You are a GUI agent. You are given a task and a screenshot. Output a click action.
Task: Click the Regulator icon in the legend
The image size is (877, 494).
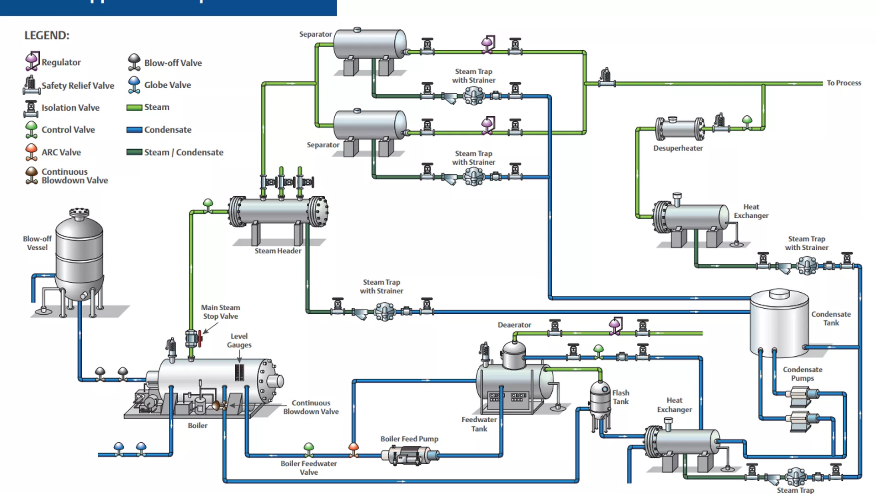[x=32, y=61]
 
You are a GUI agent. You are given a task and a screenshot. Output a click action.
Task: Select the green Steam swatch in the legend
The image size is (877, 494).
[x=134, y=107]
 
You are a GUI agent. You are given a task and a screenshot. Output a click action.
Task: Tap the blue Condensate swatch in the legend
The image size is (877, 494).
[x=134, y=130]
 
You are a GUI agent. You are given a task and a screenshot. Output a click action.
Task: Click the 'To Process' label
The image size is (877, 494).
[x=844, y=83]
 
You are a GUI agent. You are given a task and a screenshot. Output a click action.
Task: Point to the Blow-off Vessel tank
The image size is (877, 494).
[x=79, y=256]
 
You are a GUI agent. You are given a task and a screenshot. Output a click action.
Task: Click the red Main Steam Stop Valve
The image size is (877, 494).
[x=200, y=339]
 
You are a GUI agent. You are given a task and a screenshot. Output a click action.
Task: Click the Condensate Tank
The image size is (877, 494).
[x=779, y=322]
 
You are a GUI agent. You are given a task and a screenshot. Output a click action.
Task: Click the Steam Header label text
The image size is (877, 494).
[x=278, y=251]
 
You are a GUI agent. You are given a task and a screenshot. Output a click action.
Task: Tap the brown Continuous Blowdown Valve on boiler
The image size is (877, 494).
[x=218, y=405]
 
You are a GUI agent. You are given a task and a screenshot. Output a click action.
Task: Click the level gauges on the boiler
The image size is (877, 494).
[x=239, y=372]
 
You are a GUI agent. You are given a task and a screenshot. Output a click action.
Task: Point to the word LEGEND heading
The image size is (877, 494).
[x=47, y=35]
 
